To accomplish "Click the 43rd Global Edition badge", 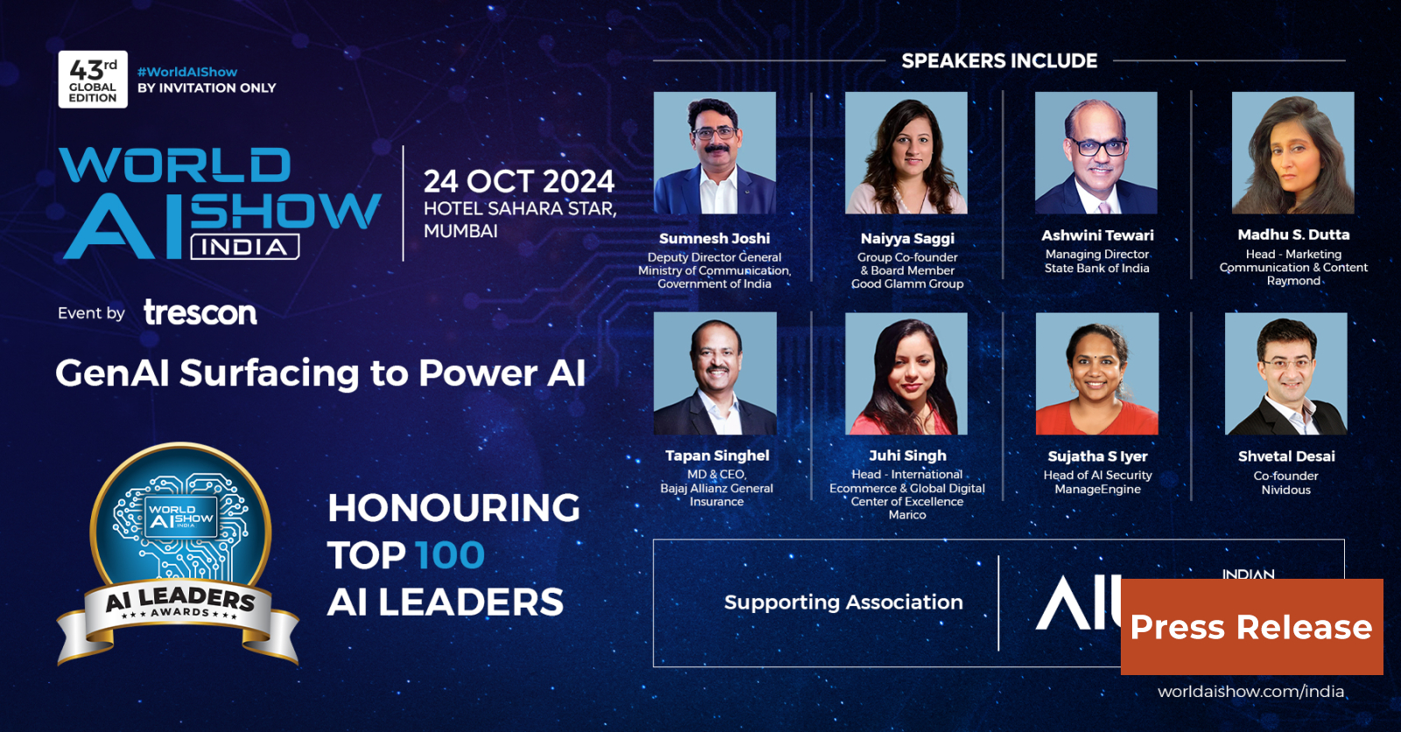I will click(x=93, y=80).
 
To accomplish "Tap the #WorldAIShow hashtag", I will click(x=187, y=72).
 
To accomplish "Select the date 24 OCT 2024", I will click(x=518, y=181).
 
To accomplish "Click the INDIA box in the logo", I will click(x=245, y=247).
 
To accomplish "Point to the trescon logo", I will click(x=201, y=313).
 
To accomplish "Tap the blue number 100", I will click(x=449, y=555).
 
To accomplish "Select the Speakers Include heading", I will click(x=999, y=60).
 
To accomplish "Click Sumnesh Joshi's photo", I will click(x=715, y=153).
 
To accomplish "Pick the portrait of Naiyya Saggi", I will click(x=906, y=153).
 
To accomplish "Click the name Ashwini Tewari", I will click(x=1097, y=236).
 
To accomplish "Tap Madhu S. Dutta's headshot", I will click(x=1292, y=153).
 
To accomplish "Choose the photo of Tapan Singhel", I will click(x=715, y=374).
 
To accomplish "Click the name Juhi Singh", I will click(x=907, y=455).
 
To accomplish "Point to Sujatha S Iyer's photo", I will click(x=1097, y=374).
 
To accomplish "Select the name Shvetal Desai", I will click(x=1286, y=456).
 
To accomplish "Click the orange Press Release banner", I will click(x=1251, y=627).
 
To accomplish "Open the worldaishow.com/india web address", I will click(x=1250, y=692).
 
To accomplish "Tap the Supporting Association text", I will click(x=843, y=602).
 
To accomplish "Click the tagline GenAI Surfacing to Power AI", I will click(x=320, y=373).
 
